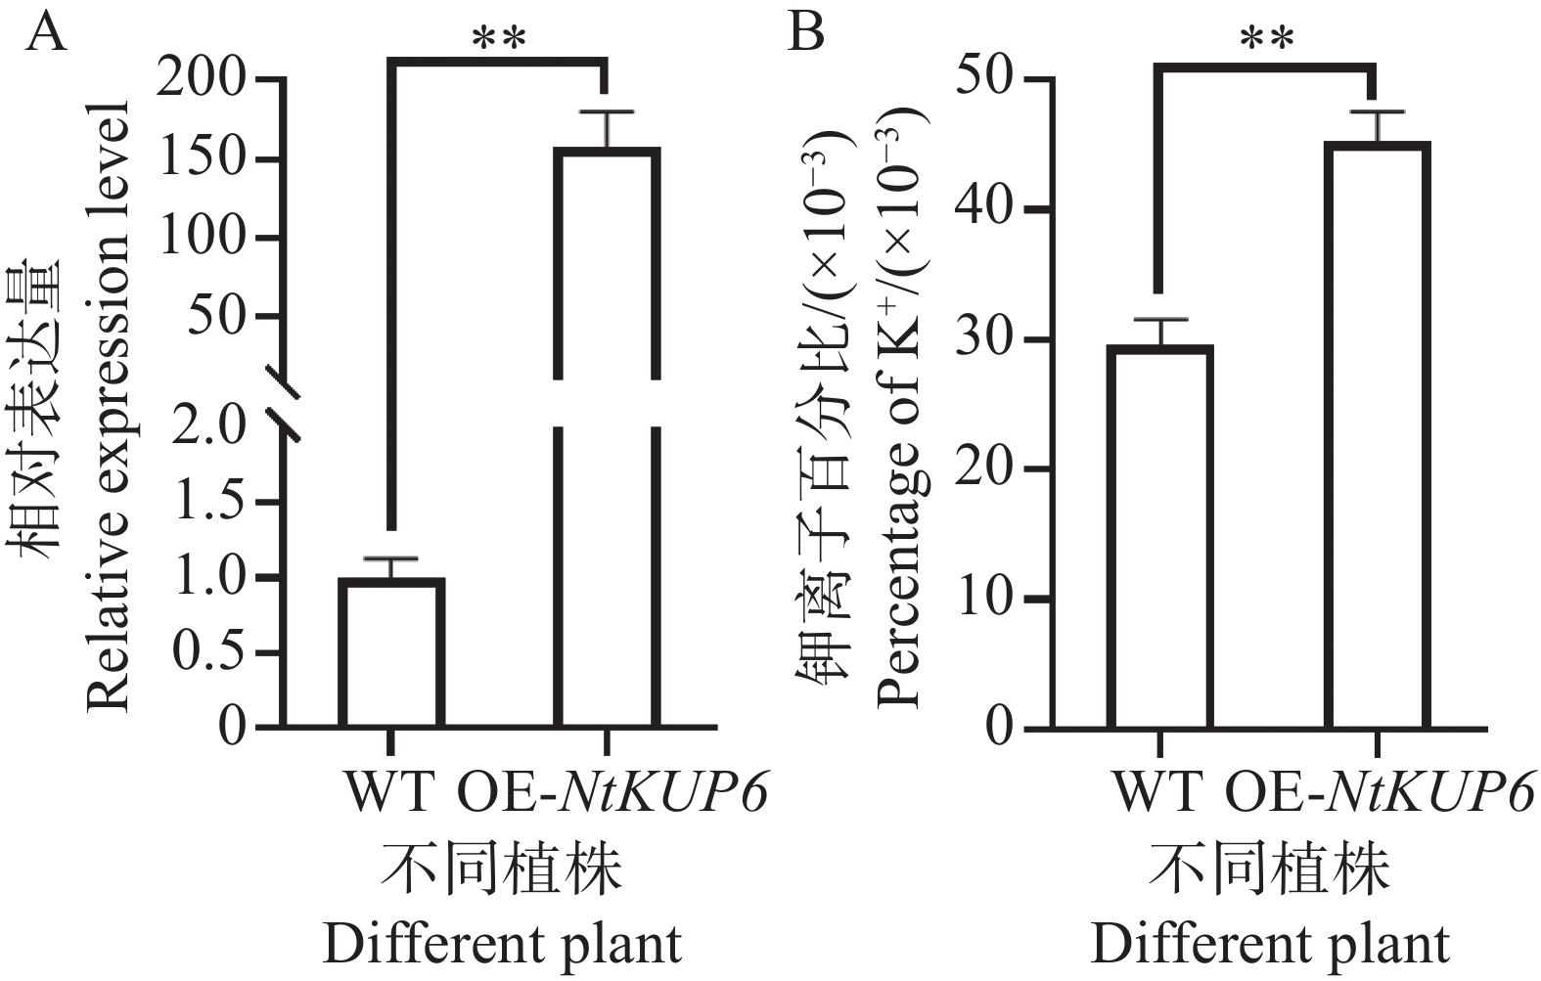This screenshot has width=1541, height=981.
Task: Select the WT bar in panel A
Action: [x=391, y=652]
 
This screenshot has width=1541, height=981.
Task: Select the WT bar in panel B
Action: [x=1160, y=537]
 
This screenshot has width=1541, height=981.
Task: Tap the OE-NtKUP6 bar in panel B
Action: [x=1378, y=435]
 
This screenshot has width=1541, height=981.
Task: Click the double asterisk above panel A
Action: [x=499, y=39]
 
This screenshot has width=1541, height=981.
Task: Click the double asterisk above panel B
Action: [x=1267, y=39]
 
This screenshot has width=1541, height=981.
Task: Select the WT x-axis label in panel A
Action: [x=389, y=793]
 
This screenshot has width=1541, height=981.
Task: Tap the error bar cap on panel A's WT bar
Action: [x=391, y=558]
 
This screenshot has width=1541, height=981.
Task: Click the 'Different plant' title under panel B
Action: [x=1270, y=945]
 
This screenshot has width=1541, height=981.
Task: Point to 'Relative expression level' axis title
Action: [x=109, y=406]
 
